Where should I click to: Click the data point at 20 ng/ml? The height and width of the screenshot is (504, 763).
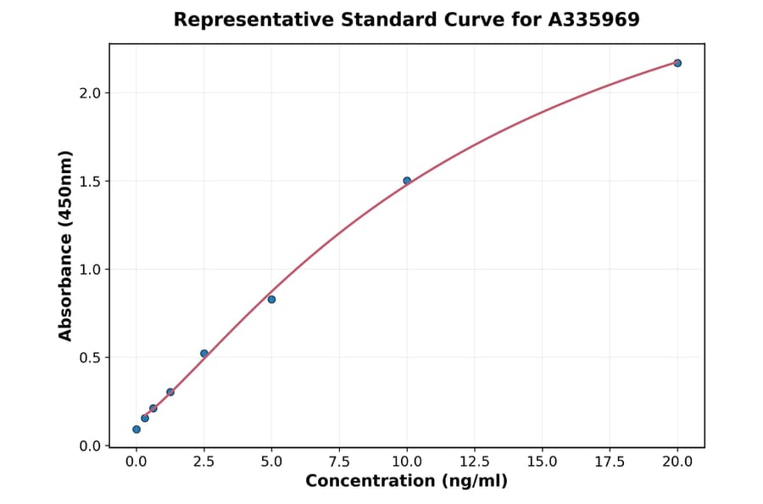(677, 63)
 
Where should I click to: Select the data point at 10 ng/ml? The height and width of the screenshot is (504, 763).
(407, 181)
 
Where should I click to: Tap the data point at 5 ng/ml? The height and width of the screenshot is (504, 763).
(271, 300)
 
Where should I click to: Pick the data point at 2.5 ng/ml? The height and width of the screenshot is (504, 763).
(204, 353)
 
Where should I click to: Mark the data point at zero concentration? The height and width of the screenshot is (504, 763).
(136, 429)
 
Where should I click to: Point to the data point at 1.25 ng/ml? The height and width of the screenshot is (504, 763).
(170, 392)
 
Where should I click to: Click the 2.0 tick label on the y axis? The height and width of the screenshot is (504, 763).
(90, 92)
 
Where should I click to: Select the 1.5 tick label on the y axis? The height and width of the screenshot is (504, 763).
(90, 181)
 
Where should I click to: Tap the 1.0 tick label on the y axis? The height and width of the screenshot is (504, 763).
(90, 269)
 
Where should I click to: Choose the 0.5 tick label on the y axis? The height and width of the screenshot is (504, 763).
(90, 357)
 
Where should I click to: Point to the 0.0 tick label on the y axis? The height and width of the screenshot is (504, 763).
(90, 445)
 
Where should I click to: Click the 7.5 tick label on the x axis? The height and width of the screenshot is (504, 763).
(339, 462)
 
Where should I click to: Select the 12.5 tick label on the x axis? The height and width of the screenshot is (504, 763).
(475, 462)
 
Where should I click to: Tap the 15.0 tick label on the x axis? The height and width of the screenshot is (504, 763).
(543, 462)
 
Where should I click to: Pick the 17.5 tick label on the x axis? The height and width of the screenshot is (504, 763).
(610, 462)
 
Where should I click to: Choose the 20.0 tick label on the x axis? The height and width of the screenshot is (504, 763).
(677, 462)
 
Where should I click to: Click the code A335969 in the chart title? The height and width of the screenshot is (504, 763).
(594, 20)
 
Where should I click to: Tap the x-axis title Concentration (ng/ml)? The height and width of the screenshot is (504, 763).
(407, 482)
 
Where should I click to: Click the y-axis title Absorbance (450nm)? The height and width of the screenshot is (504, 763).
(66, 245)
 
